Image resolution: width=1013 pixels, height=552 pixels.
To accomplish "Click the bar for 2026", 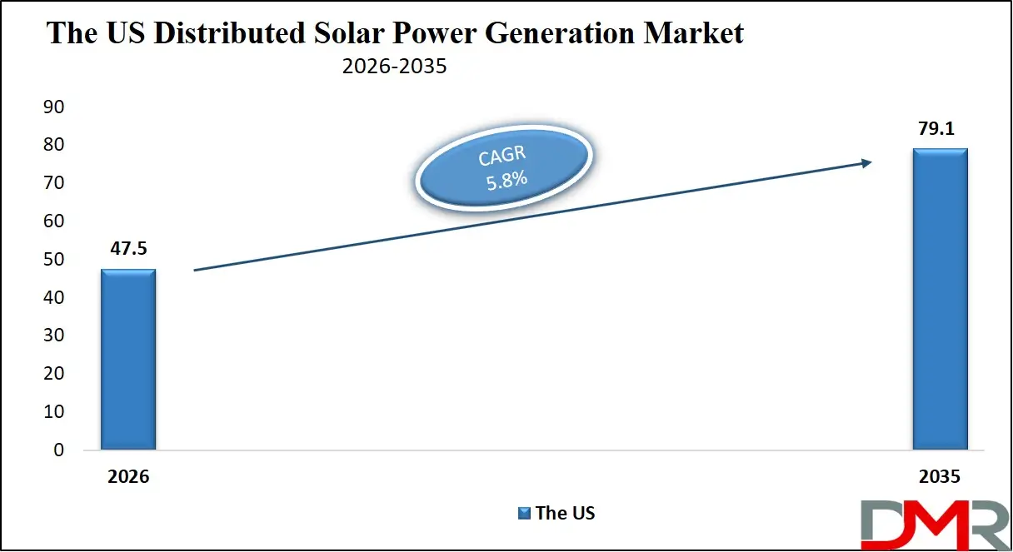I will click(128, 359).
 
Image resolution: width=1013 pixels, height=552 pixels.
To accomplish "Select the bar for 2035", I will click(940, 299).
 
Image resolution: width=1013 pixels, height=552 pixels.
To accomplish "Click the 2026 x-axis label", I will click(127, 477).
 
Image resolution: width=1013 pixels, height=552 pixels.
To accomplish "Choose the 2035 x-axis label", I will click(940, 477).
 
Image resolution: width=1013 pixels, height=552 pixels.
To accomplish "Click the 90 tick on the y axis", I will click(52, 107).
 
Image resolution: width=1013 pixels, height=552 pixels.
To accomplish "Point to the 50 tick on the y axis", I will click(52, 259).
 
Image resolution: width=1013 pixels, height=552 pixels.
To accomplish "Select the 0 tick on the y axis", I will click(58, 450).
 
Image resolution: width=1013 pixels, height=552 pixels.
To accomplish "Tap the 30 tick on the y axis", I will click(52, 336).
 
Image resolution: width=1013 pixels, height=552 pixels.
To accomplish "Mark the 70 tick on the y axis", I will click(52, 182).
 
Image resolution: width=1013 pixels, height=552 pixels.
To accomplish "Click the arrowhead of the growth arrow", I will click(867, 162).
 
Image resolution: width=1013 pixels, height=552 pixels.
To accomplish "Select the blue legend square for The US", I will click(524, 513).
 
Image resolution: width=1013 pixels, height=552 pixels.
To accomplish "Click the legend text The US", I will click(565, 513).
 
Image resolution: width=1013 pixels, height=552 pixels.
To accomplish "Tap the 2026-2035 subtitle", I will click(394, 67).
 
